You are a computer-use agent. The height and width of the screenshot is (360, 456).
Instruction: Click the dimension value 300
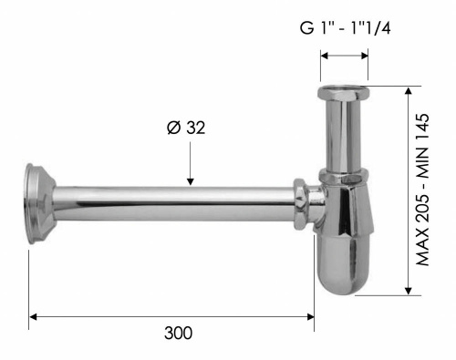[179, 334]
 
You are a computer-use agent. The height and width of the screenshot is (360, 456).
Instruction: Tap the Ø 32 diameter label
[185, 128]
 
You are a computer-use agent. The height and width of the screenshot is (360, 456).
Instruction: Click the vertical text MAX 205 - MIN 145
[424, 190]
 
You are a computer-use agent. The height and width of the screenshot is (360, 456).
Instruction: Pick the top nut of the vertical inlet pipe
[344, 95]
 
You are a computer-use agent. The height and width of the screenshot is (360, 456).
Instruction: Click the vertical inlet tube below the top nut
[344, 132]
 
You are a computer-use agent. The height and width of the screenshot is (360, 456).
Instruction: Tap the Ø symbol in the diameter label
[172, 128]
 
